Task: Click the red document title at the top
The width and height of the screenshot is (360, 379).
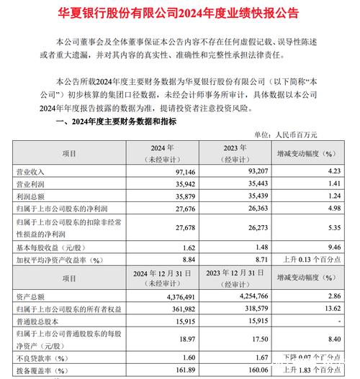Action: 180,14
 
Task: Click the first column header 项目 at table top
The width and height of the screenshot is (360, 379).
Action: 69,153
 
